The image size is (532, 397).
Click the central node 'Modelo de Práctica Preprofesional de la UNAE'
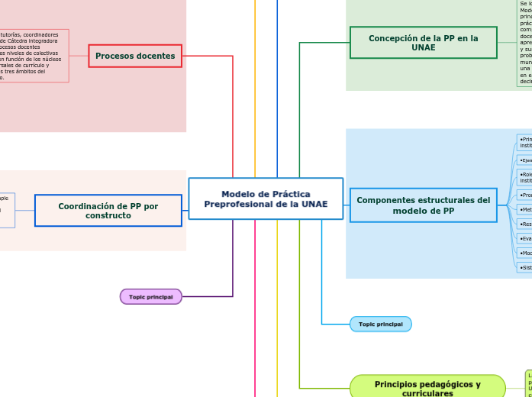click(x=266, y=198)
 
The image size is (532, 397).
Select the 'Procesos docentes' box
click(x=135, y=56)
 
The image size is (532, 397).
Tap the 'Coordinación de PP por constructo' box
click(x=108, y=211)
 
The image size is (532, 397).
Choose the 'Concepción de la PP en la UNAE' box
click(x=423, y=43)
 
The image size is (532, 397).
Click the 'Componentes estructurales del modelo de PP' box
click(x=423, y=205)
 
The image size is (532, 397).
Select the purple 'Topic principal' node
click(x=151, y=296)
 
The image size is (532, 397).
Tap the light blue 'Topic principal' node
click(x=380, y=324)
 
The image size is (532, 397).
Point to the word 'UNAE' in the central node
click(x=314, y=204)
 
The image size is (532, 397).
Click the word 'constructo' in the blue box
click(x=108, y=216)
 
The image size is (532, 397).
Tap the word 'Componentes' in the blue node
click(x=384, y=200)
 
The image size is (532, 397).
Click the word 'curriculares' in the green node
click(x=427, y=394)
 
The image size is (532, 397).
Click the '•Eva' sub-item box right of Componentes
click(x=524, y=238)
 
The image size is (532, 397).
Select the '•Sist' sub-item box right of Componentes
click(x=524, y=267)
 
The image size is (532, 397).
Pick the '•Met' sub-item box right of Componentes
click(x=524, y=209)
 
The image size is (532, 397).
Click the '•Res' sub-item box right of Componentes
click(x=524, y=224)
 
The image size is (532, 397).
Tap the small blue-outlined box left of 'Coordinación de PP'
click(x=7, y=210)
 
